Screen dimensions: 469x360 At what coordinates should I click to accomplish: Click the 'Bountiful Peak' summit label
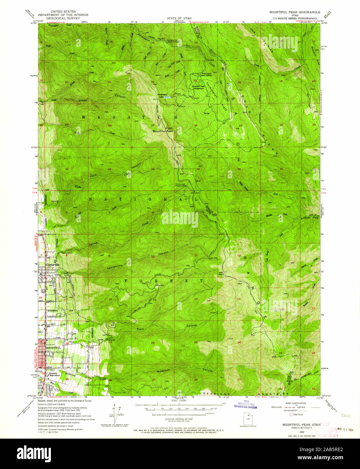tap(162, 131)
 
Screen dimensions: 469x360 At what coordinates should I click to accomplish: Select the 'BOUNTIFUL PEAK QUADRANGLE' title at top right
tap(295, 12)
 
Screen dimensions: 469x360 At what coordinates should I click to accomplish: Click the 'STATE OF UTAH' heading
tap(179, 17)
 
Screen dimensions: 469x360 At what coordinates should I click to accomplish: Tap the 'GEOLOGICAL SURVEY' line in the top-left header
tap(63, 18)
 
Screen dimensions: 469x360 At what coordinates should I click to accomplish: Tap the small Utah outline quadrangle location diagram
tap(249, 418)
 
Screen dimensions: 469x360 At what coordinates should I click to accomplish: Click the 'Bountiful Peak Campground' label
tap(199, 87)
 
